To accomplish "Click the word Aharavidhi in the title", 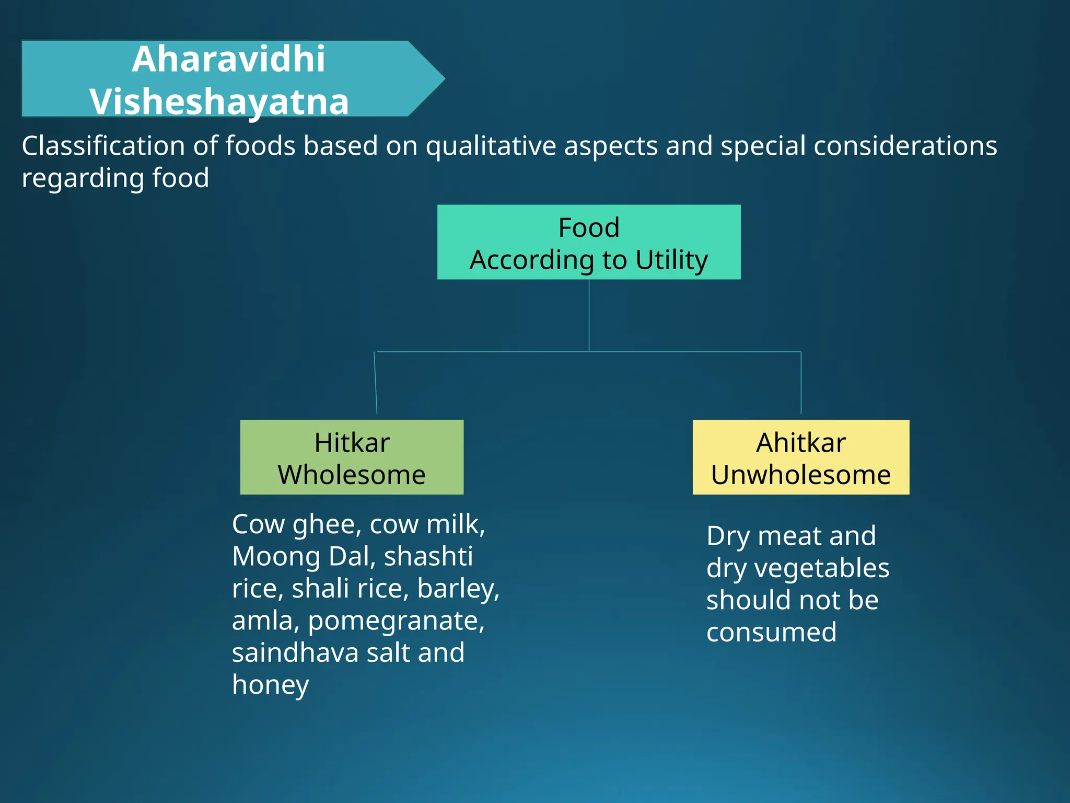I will [228, 59].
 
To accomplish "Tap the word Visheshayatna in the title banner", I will [219, 101].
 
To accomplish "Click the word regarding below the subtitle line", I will [83, 178].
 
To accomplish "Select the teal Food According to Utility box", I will [589, 242].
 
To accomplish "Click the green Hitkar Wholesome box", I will [352, 457].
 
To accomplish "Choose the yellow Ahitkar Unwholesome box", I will [800, 457].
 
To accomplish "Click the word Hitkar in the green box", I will [352, 443].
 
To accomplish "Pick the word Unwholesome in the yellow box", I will [800, 475].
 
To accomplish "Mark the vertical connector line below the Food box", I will [589, 315].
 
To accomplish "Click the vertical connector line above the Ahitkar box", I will [801, 383].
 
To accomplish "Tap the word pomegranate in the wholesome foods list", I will [396, 621].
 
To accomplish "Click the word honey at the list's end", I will [270, 685].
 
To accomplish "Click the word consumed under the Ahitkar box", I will [771, 632].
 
